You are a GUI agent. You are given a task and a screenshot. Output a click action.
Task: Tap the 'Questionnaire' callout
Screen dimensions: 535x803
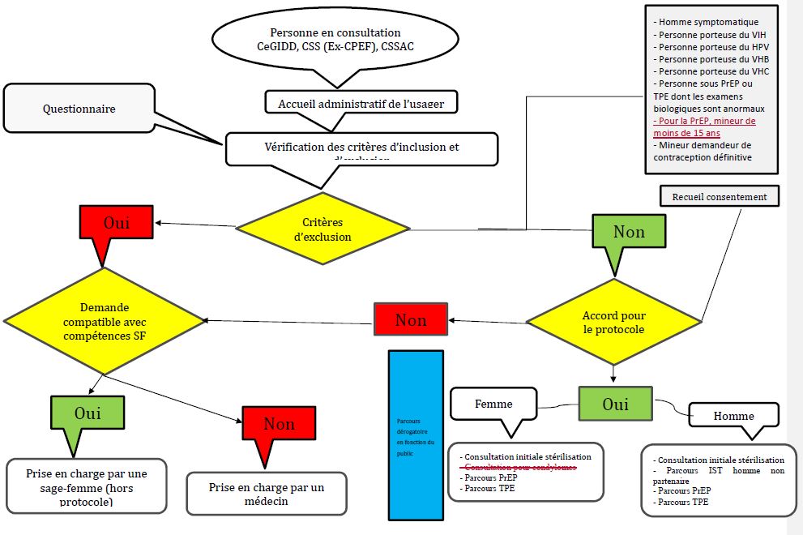tap(79, 109)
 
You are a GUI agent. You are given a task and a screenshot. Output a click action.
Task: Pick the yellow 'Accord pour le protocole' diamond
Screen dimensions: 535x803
tap(613, 322)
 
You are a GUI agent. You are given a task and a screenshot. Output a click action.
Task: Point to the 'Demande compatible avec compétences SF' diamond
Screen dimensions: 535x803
tap(103, 322)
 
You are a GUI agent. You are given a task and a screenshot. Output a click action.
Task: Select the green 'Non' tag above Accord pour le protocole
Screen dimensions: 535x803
tap(629, 233)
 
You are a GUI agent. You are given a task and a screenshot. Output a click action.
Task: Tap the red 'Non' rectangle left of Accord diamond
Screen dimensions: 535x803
tap(411, 319)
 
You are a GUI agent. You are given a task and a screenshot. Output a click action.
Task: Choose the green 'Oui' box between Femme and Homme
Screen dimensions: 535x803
tap(615, 403)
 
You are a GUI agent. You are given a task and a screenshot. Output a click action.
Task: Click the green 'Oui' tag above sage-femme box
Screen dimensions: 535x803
tap(88, 413)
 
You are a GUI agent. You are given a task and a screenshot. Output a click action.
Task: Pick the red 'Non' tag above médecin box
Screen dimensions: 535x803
tap(279, 424)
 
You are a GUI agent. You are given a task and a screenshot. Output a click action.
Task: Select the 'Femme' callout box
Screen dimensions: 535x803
tap(493, 403)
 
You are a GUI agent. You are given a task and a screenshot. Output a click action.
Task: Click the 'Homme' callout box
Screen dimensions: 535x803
tap(733, 416)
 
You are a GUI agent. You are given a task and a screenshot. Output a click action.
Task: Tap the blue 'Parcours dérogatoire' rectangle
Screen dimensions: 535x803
tap(416, 434)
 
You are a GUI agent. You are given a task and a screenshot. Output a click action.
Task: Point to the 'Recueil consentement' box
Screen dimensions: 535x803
tap(720, 196)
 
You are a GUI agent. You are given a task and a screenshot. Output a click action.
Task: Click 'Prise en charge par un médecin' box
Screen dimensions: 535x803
tap(267, 494)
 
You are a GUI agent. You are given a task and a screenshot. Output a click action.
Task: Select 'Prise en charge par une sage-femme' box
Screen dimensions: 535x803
tap(87, 485)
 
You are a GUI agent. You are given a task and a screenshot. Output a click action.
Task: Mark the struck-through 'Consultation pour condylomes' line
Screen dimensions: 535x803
tap(519, 468)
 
